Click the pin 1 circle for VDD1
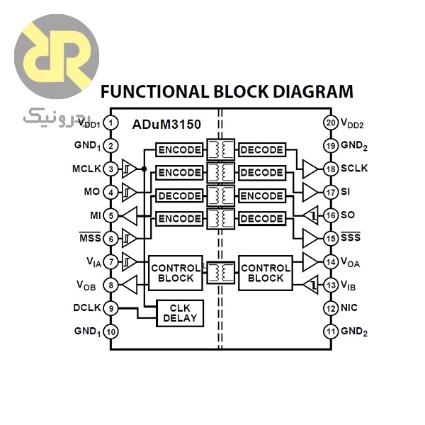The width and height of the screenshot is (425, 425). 111,123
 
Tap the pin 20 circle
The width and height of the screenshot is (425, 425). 331,123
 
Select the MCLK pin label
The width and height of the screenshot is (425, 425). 86,169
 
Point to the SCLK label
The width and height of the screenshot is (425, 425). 354,169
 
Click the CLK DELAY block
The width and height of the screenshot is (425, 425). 180,313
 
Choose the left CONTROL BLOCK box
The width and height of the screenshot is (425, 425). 176,273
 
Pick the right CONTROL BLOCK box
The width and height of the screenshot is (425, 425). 266,273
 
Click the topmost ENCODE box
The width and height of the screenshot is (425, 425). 179,149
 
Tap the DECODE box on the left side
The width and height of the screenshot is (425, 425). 179,195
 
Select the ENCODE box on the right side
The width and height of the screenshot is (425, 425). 262,195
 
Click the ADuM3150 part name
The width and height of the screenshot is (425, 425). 166,125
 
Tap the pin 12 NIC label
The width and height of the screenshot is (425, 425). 349,307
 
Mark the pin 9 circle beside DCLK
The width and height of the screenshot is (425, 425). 111,308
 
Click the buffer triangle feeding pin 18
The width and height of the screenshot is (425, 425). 310,169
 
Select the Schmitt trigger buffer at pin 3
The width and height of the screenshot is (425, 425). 130,169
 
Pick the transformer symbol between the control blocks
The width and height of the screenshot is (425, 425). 220,273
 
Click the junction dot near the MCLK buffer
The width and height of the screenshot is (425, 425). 144,169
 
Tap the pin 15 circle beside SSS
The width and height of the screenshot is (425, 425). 331,239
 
